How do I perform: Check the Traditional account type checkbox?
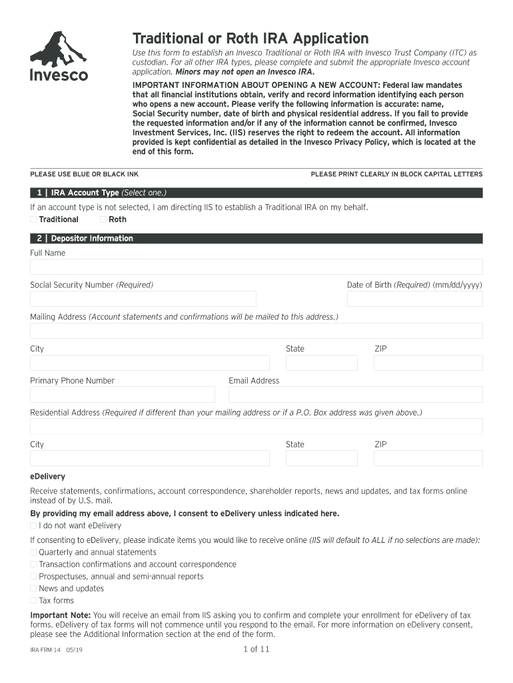[x=33, y=219]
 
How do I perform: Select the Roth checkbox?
[x=103, y=219]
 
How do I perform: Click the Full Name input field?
[x=256, y=267]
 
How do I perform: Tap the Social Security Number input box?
[x=143, y=299]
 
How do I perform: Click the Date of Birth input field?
[x=414, y=299]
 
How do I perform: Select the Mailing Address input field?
[x=256, y=331]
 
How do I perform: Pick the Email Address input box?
[x=355, y=395]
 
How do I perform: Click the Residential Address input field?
[x=256, y=426]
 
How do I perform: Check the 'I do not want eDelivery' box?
[x=33, y=526]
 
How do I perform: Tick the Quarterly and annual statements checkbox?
[x=33, y=552]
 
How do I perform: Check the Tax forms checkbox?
[x=33, y=600]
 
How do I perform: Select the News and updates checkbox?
[x=33, y=588]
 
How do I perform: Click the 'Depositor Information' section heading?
[x=92, y=239]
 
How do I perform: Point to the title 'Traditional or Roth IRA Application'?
[x=250, y=38]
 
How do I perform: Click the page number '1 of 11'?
[x=256, y=649]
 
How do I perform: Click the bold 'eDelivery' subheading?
[x=47, y=476]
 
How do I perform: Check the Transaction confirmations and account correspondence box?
[x=33, y=564]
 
